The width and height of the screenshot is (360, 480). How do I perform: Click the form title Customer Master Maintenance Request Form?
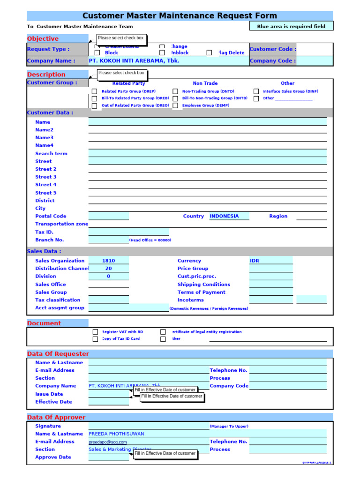point(180,16)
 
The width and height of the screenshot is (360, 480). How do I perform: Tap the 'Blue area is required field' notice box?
point(291,26)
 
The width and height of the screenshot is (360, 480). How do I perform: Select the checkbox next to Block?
point(97,53)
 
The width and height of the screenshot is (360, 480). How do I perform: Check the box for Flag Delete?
point(209,53)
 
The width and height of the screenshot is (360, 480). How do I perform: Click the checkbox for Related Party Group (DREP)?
point(94,91)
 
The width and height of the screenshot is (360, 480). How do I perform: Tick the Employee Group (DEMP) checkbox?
point(175,106)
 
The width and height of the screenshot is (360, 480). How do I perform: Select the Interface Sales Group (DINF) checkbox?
point(256,91)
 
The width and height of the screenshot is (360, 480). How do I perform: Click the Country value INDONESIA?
point(224,216)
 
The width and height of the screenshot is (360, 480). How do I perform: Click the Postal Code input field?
point(108,216)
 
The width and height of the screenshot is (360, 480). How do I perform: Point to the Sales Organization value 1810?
point(108,261)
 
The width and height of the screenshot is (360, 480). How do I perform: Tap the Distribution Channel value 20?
point(108,269)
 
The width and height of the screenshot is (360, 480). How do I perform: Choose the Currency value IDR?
point(255,261)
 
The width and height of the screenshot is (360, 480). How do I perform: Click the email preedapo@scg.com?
point(108,442)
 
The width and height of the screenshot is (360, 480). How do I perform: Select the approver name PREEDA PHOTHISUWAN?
point(116,434)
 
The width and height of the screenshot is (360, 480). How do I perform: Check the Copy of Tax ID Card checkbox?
point(95,339)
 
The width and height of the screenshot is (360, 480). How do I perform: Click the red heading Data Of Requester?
point(58,354)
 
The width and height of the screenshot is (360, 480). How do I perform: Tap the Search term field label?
point(51,154)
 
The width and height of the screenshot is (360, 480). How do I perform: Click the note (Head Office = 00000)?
point(150,240)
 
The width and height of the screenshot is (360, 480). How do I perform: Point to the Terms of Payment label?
point(201,292)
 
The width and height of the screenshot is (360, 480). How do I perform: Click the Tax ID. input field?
point(128,232)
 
